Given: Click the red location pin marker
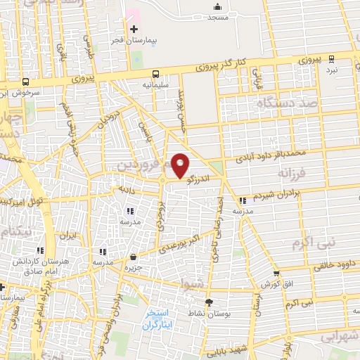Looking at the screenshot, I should click(x=181, y=165).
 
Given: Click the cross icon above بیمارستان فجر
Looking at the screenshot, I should click(x=134, y=28).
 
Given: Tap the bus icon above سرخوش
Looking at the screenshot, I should click(x=26, y=81).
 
